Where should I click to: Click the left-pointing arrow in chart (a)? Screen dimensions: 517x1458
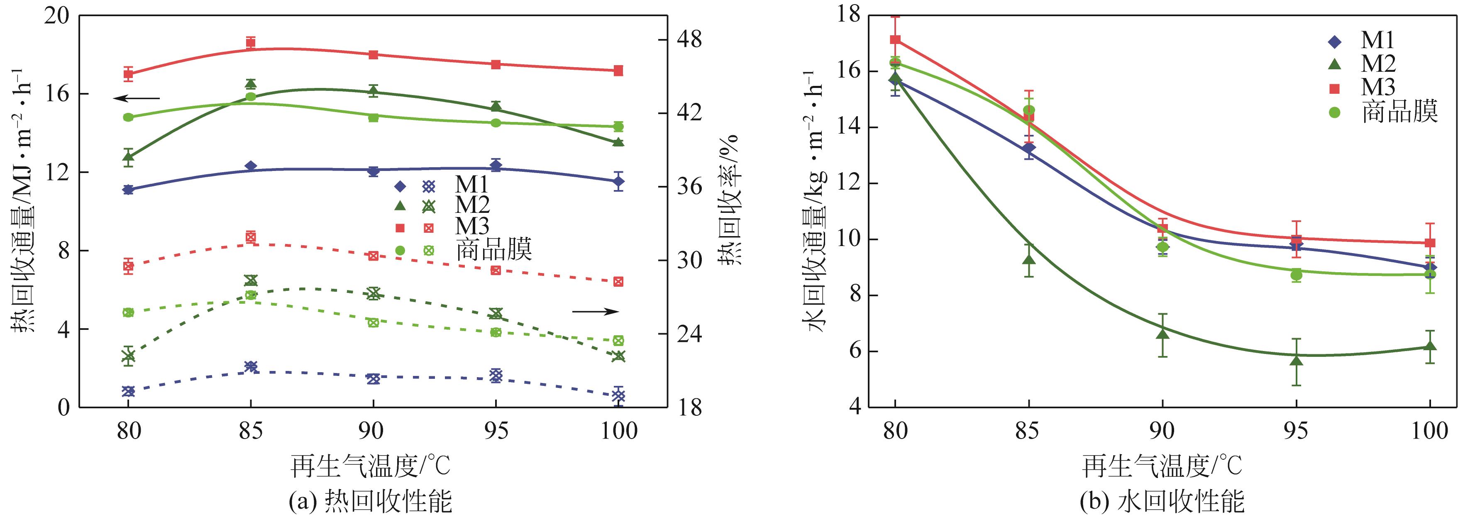click(x=137, y=98)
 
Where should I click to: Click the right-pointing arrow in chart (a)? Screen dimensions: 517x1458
click(x=596, y=311)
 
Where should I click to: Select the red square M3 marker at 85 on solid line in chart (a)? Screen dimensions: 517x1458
click(x=251, y=42)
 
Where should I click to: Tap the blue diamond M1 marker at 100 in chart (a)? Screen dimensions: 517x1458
click(x=619, y=181)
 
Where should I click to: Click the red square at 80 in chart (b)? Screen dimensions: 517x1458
click(x=895, y=39)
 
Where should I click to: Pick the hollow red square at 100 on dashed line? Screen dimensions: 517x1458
click(x=619, y=281)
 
